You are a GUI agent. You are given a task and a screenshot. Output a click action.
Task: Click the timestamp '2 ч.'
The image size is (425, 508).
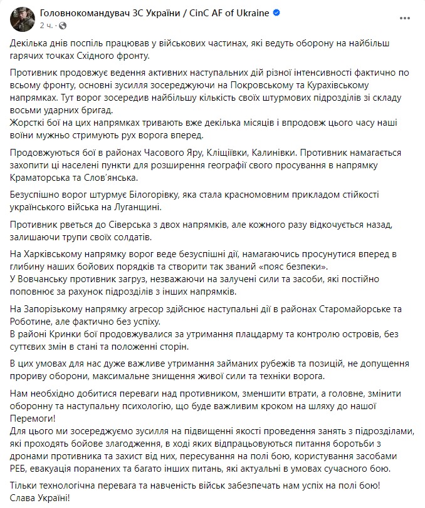[46, 25]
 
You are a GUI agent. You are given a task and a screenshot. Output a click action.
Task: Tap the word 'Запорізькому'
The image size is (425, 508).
[55, 309]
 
